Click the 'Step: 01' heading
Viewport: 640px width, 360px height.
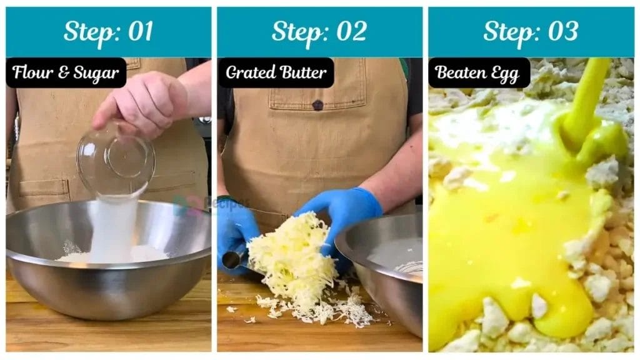pos(108,31)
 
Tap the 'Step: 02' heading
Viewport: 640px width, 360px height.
pos(319,31)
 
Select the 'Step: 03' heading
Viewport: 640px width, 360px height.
pos(531,31)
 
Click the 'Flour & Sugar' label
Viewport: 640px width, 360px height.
pos(66,73)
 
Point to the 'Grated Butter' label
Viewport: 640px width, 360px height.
pos(276,73)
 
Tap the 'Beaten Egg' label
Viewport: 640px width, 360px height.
pos(478,73)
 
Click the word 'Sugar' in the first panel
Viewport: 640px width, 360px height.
pos(97,73)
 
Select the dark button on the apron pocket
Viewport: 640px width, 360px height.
pos(318,105)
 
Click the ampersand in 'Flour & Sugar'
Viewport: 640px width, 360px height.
pos(63,74)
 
